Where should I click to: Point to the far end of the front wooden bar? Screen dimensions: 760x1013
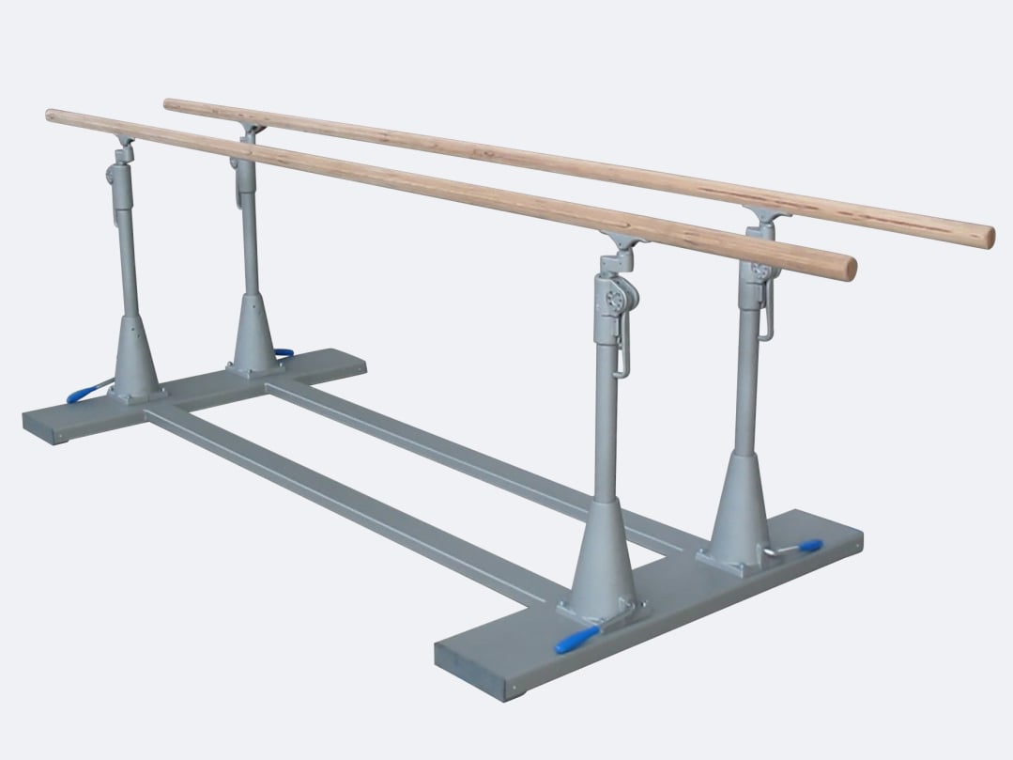point(53,116)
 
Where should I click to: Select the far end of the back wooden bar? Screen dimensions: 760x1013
point(170,102)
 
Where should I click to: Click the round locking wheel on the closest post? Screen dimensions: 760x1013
point(612,300)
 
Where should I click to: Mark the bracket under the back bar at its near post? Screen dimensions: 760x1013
point(765,220)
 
